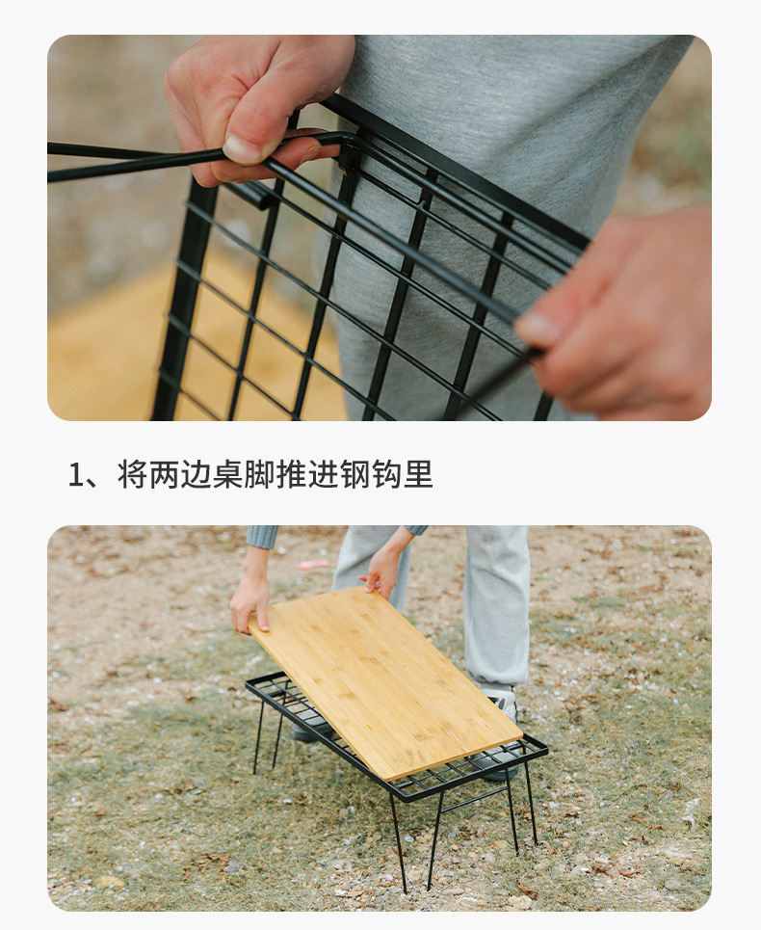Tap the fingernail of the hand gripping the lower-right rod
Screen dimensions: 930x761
[538, 330]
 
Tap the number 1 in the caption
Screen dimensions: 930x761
[77, 474]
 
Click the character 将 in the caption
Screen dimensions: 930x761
[132, 474]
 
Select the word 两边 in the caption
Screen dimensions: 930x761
[180, 474]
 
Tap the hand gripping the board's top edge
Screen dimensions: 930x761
[383, 572]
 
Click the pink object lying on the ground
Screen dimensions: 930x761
[312, 564]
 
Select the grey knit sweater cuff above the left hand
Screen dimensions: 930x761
[262, 536]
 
